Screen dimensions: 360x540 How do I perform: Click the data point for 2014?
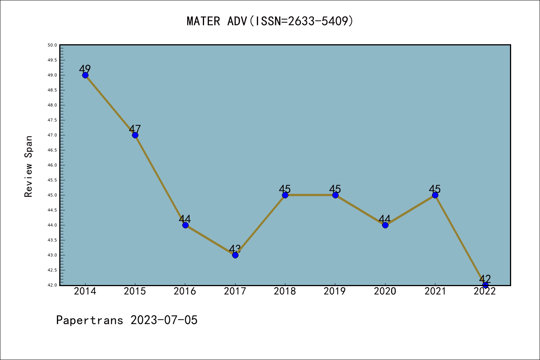85,75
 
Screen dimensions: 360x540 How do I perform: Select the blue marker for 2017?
235,255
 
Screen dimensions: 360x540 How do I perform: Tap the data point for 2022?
485,285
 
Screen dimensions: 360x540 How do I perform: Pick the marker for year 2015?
135,135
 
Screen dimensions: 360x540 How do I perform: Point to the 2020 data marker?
385,225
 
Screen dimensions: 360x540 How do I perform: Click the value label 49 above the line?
85,69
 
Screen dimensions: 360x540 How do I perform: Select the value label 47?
135,129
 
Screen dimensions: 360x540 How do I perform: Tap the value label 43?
235,249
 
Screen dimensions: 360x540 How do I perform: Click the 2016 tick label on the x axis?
185,291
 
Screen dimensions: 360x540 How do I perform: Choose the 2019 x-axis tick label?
335,291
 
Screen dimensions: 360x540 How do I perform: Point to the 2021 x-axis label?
435,291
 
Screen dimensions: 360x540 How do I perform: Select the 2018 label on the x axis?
285,291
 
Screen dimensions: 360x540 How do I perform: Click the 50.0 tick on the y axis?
52,45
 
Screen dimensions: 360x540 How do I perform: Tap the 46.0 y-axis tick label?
52,165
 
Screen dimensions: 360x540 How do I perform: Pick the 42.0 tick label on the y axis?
52,285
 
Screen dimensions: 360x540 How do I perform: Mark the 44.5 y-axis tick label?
52,210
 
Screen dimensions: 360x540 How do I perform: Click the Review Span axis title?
28,166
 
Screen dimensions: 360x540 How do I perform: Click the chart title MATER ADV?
270,21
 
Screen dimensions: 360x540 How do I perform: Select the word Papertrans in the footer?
90,320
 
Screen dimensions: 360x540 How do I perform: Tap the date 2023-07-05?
164,320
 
